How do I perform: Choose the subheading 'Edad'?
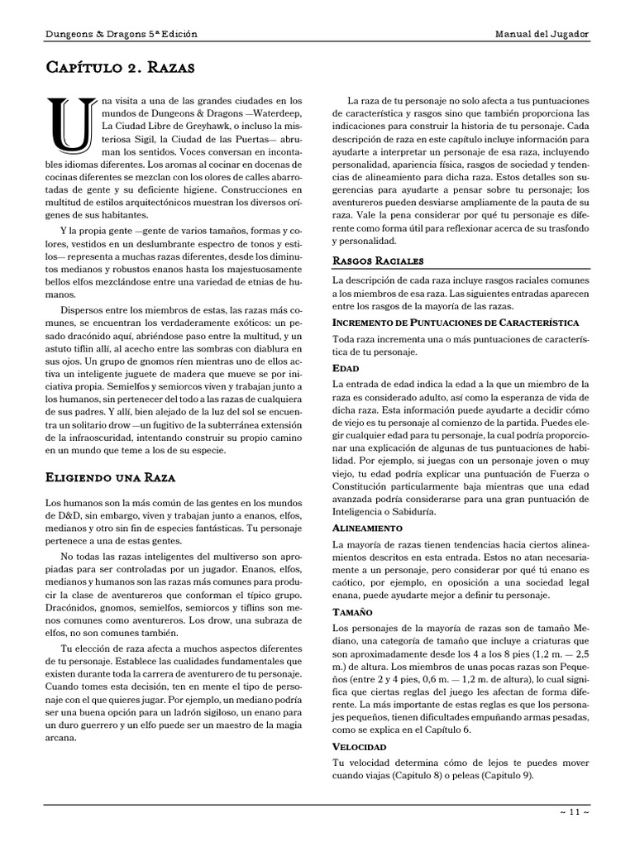click(346, 367)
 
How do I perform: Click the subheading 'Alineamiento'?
click(367, 527)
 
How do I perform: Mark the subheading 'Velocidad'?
click(359, 746)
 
